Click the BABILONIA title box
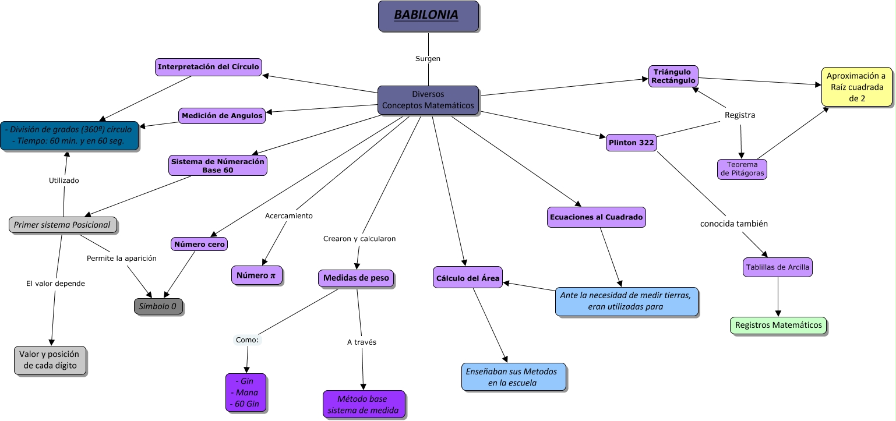428,16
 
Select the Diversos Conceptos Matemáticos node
428,100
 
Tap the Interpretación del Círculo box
209,67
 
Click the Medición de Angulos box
222,116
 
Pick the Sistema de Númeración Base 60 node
218,165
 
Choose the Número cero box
200,244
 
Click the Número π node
257,275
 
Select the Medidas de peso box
356,278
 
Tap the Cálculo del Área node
468,278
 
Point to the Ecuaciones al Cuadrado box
597,217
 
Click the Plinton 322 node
632,142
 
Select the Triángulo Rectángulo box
673,76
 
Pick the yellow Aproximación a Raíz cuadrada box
856,87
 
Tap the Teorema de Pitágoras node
742,169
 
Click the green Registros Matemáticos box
778,325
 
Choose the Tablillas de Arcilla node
778,267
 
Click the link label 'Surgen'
428,59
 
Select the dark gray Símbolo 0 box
158,306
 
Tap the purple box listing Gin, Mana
246,392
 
